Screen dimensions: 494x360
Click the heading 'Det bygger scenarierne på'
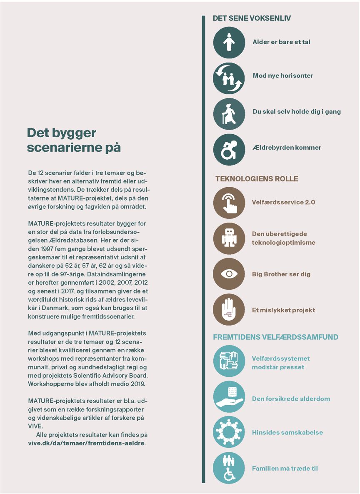pos(74,140)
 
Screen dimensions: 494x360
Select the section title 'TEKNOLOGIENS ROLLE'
pos(257,179)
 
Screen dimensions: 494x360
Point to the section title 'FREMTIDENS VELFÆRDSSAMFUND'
pos(275,337)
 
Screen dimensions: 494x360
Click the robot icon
pos(229,238)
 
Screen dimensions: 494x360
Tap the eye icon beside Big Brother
pos(229,274)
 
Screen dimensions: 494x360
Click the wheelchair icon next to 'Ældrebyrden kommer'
pos(229,150)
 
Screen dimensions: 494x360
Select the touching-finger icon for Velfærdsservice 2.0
pos(229,203)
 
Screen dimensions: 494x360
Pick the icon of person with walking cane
pos(229,113)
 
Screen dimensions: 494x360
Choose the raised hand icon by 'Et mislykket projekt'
pos(229,310)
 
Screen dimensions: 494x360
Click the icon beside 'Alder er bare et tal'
pos(229,42)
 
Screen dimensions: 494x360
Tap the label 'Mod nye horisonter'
pos(282,76)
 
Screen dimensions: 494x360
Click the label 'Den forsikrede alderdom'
pos(291,399)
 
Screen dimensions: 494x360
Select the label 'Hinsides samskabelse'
pos(287,433)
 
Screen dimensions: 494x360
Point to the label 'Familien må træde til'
pos(285,469)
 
